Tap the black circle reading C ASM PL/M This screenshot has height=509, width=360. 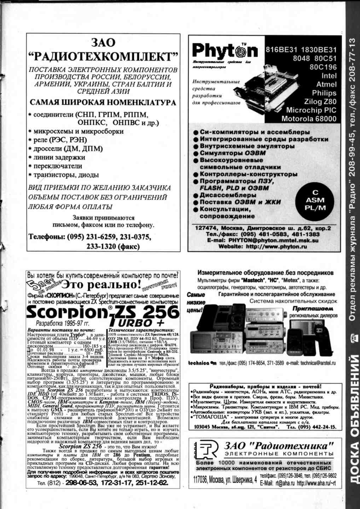click(315, 200)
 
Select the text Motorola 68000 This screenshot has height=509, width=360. click(309, 119)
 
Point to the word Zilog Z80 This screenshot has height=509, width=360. click(320, 102)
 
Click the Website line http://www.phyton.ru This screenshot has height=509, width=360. click(262, 247)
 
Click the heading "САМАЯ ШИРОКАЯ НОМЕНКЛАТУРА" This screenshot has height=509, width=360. click(103, 103)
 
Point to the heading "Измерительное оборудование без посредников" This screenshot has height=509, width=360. click(265, 273)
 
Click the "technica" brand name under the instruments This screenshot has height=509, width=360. click(200, 363)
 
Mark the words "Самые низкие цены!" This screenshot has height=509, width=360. click(196, 303)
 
